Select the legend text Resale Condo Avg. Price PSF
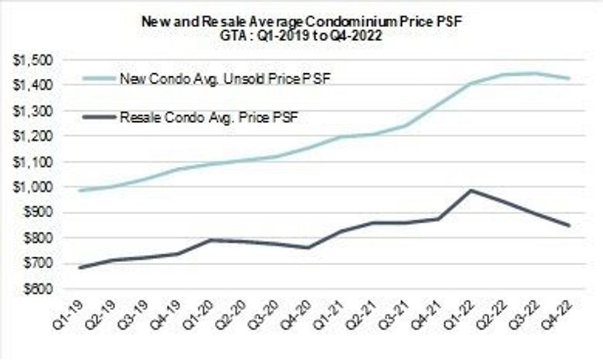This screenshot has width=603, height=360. [209, 117]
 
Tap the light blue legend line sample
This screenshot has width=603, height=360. [98, 79]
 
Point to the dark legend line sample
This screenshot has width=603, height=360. [98, 116]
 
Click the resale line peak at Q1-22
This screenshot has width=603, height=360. [471, 190]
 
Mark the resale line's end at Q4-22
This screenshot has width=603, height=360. [569, 225]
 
